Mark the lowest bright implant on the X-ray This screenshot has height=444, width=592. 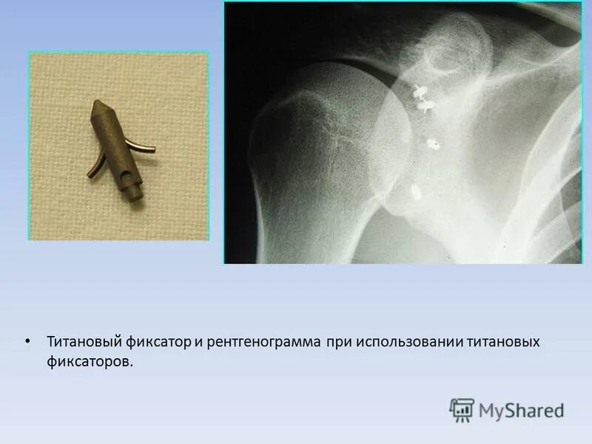(415, 193)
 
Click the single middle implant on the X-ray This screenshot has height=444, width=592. (433, 141)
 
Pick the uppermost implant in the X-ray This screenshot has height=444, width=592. (422, 93)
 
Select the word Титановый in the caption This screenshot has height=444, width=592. (78, 343)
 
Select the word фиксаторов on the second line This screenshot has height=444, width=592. (90, 363)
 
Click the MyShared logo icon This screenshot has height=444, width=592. (462, 409)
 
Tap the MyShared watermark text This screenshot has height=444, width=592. (521, 410)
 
